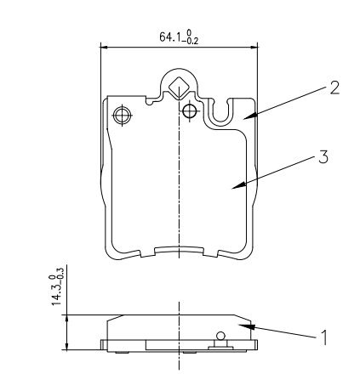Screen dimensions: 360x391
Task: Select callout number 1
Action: click(323, 337)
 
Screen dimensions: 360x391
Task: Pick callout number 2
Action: click(334, 88)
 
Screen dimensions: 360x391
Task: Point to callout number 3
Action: click(323, 156)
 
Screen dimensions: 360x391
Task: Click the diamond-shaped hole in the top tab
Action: click(179, 88)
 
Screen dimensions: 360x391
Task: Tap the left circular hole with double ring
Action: click(123, 116)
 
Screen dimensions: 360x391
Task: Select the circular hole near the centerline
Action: click(190, 110)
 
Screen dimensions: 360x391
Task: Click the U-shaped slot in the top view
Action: click(221, 112)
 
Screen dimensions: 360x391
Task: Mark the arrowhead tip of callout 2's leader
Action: click(243, 119)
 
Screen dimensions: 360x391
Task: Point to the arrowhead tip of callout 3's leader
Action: click(231, 188)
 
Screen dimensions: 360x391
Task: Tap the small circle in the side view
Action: click(220, 336)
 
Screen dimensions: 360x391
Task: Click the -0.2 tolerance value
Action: click(192, 42)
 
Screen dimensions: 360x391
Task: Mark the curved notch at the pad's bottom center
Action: click(179, 248)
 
